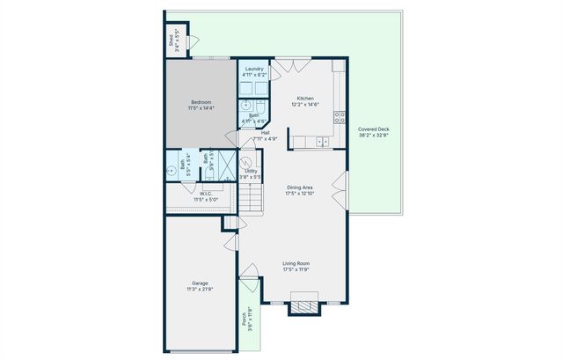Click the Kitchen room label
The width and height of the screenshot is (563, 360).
coord(305,98)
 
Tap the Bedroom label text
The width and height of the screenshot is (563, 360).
coord(201,102)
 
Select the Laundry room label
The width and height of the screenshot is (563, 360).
coord(255,69)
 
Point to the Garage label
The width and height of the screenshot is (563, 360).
coord(200,283)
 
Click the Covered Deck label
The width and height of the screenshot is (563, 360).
coord(374,129)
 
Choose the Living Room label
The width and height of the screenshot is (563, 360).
coord(296,263)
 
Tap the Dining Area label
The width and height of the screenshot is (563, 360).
coord(301,187)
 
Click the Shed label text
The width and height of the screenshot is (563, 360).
coord(171,40)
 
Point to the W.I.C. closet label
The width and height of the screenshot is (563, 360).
coord(205,194)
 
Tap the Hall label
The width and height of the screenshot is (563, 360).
coord(265,133)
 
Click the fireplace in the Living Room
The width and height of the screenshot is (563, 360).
coord(303,306)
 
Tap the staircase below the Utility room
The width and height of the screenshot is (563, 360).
coord(251,199)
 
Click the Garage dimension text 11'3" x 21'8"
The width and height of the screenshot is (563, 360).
coord(200,289)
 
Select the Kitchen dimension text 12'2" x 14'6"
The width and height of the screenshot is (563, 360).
coord(305,104)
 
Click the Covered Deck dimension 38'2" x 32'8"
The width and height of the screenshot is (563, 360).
coord(374,136)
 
